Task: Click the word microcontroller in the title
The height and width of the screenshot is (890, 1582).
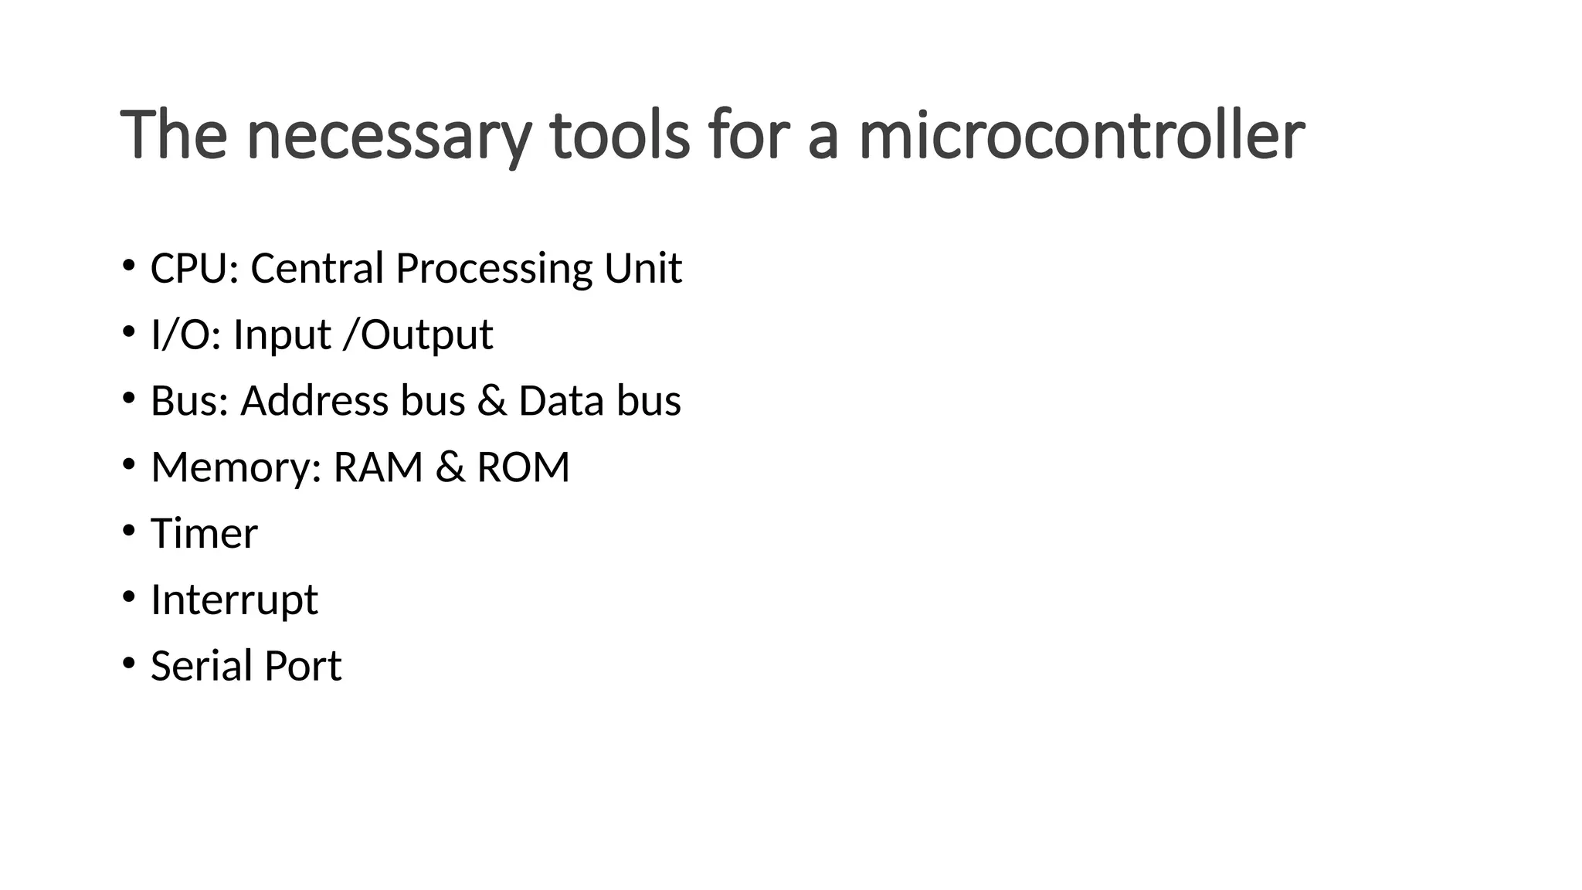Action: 1081,136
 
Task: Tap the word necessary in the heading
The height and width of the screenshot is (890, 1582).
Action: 389,138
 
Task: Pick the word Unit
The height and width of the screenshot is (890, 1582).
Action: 643,269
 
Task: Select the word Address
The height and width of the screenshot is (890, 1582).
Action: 314,401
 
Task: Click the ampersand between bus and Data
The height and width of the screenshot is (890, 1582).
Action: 492,402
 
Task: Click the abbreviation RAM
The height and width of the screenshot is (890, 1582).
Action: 378,467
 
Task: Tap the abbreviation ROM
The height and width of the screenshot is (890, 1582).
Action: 523,467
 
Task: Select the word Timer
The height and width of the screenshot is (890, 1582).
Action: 204,534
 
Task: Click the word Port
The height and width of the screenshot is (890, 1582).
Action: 303,667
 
